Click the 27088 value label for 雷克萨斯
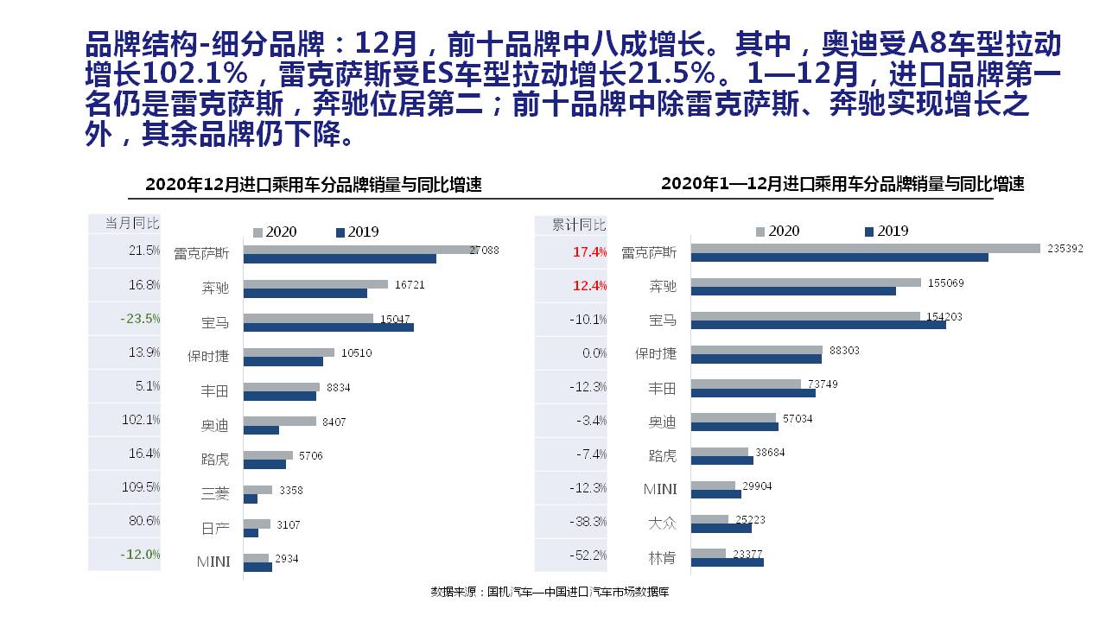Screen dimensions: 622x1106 tap(484, 251)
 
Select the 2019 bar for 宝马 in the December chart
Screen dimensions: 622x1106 tap(328, 327)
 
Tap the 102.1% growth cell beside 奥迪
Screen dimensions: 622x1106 tap(141, 420)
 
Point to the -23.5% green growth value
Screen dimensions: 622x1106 tap(140, 319)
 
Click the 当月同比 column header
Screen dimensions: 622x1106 tap(132, 223)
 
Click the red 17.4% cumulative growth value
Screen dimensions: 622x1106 tap(589, 252)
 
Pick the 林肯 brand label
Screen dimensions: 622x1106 tap(662, 557)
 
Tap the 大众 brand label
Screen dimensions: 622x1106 tap(662, 524)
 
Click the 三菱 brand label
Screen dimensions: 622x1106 tap(215, 493)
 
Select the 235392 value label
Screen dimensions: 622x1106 tap(1065, 248)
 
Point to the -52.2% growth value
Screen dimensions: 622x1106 tap(588, 555)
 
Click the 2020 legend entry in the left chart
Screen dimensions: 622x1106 tap(274, 232)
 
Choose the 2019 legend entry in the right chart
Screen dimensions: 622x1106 tap(887, 231)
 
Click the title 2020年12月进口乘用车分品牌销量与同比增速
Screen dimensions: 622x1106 tap(314, 185)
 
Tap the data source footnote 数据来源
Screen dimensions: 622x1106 tap(550, 592)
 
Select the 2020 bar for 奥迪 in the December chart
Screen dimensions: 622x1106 tap(280, 421)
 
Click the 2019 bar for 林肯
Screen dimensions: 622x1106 tap(727, 562)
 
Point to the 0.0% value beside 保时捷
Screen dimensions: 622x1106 tap(594, 353)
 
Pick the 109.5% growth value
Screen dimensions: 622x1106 tap(141, 487)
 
